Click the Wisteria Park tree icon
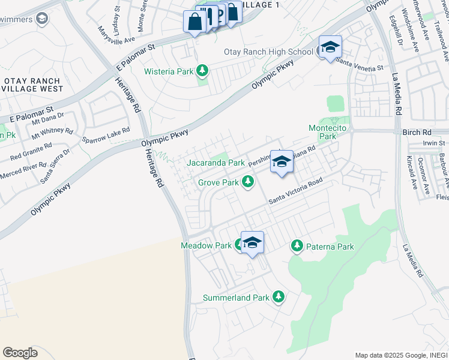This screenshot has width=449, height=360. point(202,71)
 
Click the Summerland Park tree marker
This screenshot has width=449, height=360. point(278,297)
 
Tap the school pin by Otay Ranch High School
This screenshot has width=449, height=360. point(330,48)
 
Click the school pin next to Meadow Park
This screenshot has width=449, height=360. point(253,243)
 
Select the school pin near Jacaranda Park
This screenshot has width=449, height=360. point(281,162)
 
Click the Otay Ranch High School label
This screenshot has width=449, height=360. point(268,52)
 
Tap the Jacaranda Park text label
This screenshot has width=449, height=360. point(215,163)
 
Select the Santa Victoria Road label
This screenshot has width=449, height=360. point(295,191)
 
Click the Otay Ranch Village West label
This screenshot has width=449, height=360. point(33,85)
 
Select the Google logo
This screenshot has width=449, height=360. point(20,352)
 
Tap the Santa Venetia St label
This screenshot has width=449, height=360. point(360,64)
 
